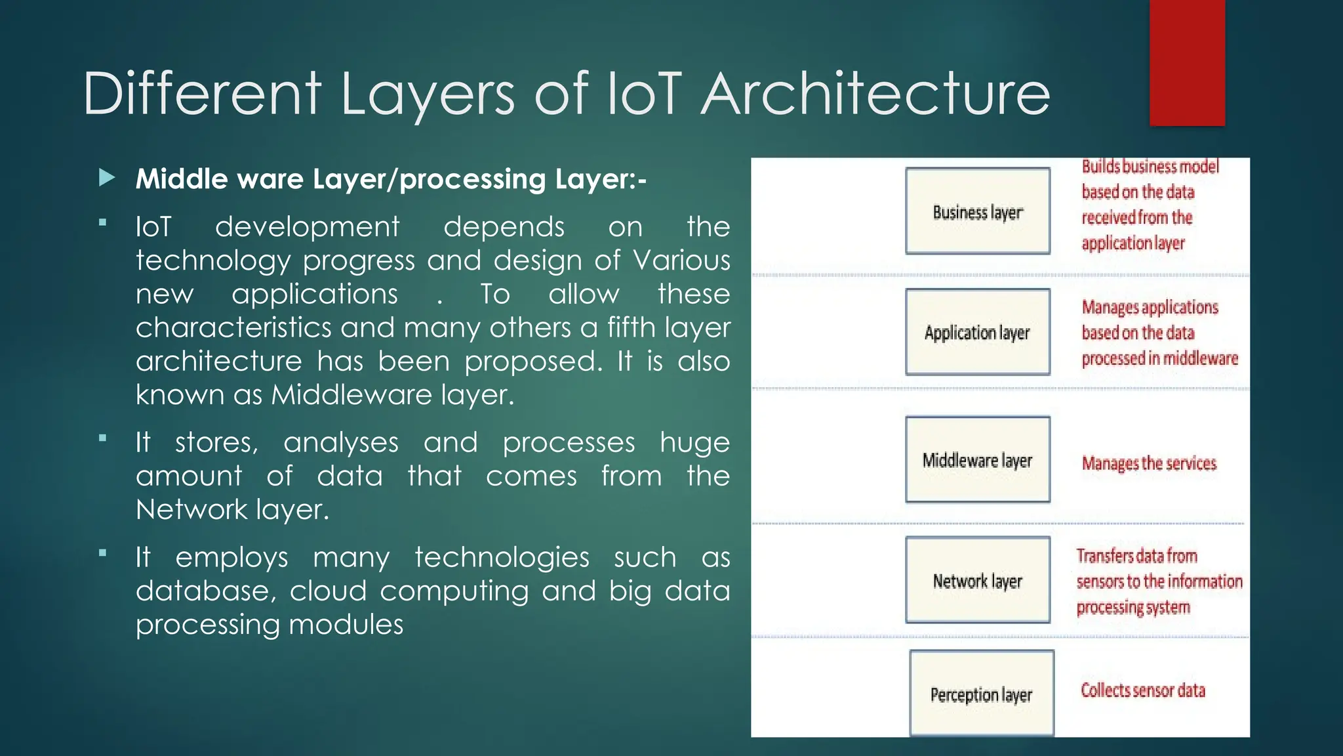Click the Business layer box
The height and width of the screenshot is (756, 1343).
tap(977, 211)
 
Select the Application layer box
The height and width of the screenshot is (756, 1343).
tap(977, 332)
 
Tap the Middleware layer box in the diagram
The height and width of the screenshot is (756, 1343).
tap(977, 459)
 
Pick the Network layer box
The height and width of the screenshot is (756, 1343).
tap(977, 580)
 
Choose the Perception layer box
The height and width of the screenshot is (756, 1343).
tap(981, 694)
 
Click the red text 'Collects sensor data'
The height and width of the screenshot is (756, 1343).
tap(1142, 690)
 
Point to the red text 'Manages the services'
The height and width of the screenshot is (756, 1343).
tap(1149, 463)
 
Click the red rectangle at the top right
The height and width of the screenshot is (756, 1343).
tap(1186, 62)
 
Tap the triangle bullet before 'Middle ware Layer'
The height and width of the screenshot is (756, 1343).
tap(107, 178)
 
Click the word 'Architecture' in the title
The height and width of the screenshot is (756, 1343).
tap(875, 94)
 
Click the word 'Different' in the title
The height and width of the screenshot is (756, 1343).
tap(202, 94)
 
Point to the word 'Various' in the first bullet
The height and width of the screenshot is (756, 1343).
tap(681, 261)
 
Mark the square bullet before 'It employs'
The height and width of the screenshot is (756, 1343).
tap(102, 553)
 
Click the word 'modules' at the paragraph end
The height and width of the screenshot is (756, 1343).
tap(346, 624)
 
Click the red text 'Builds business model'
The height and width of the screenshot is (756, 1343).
tap(1150, 167)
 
